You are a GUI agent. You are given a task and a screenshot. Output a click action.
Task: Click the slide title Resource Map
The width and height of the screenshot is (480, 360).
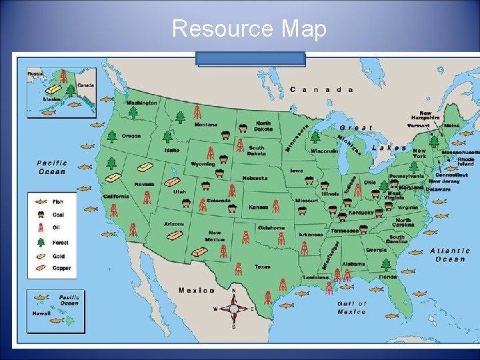point(249,29)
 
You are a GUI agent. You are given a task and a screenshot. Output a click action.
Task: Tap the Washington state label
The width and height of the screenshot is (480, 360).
point(142,103)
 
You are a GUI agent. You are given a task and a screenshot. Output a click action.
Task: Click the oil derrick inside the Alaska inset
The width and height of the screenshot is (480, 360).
point(64,75)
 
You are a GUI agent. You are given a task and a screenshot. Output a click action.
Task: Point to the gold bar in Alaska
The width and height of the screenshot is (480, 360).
point(52,89)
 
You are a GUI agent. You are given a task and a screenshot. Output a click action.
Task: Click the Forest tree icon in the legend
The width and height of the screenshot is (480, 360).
point(41,242)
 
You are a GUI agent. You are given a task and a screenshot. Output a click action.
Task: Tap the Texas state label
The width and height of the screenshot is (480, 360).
point(263,267)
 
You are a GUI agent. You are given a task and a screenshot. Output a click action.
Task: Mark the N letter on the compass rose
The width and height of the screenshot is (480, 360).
point(233,291)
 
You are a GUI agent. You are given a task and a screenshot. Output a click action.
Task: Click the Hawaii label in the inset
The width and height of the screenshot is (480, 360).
point(41,313)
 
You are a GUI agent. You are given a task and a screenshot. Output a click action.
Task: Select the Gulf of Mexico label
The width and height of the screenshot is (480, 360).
point(351,307)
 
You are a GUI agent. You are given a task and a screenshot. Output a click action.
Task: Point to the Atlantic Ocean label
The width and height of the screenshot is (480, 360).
point(450,255)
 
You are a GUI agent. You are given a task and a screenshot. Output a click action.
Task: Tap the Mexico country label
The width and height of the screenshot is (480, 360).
point(197,290)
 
